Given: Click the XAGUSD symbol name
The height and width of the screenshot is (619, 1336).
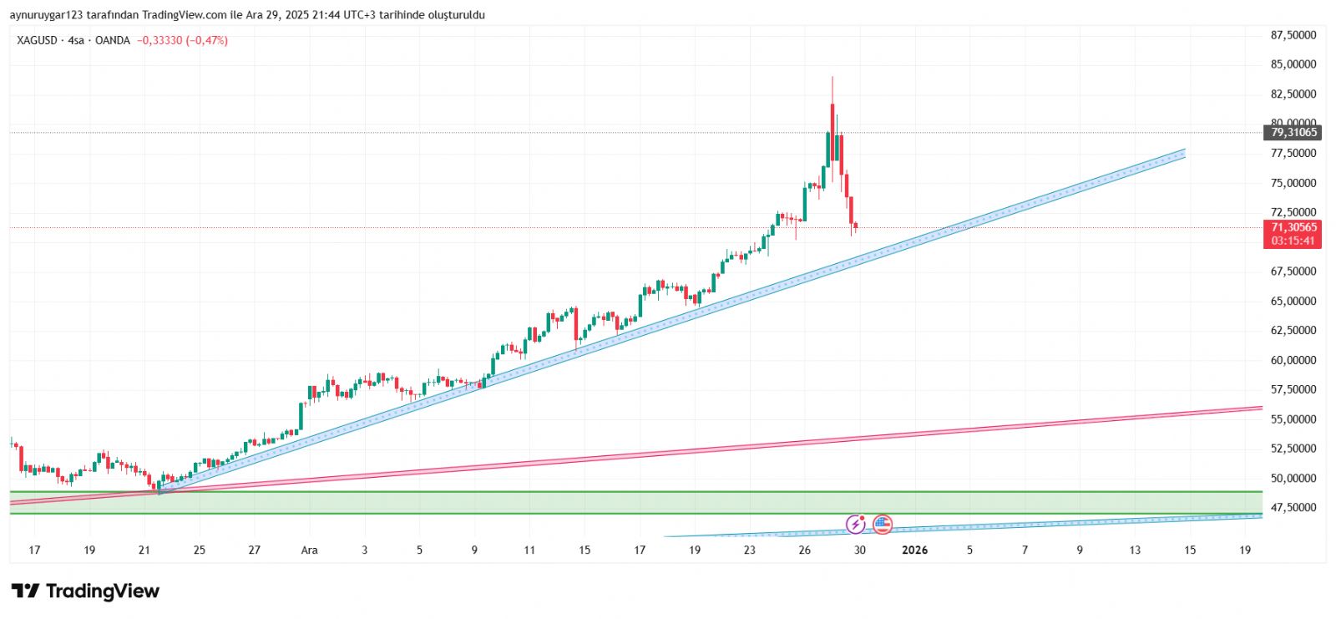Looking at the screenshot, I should (37, 40).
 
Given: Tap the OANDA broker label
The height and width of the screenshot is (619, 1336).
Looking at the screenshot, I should (113, 40).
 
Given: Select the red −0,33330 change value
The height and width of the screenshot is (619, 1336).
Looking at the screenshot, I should (159, 40).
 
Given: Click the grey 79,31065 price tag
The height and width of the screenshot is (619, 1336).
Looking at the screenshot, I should (1293, 132).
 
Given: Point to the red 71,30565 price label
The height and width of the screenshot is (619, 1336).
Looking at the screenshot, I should (1293, 227).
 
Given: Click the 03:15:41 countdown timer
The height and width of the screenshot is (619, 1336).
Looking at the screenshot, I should (1293, 241).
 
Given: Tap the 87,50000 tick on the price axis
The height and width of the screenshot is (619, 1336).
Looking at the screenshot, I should (1293, 35).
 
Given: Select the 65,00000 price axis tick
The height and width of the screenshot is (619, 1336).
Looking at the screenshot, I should (1293, 301).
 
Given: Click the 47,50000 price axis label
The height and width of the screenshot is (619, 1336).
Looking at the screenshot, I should (1293, 507).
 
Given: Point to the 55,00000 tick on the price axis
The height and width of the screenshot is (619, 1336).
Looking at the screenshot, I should (1293, 419).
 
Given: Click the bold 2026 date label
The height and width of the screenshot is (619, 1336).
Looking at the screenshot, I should (915, 550).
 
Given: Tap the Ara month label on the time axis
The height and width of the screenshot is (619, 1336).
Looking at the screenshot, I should (309, 550).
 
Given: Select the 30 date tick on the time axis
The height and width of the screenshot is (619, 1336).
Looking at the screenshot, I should (860, 550).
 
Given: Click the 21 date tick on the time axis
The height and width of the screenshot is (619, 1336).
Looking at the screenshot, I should (144, 550).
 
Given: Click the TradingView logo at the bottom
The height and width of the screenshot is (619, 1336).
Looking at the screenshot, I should (85, 591).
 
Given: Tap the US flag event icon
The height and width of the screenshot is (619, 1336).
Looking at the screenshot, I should (883, 525).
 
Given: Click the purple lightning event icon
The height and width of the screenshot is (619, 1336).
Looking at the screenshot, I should (856, 525).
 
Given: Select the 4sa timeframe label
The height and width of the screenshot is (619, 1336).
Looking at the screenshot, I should (76, 40).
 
